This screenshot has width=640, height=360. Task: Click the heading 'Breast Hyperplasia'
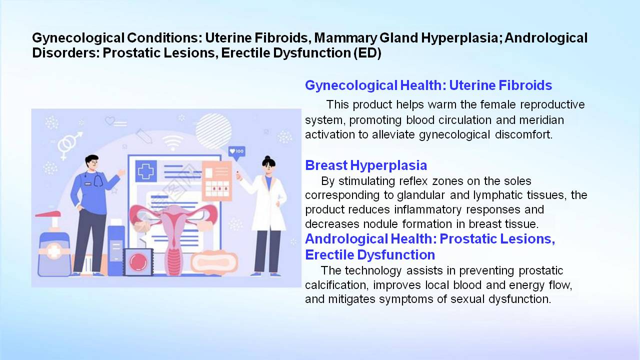tap(366, 165)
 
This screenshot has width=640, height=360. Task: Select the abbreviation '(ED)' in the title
tap(367, 53)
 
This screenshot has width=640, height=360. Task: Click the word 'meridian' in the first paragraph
tap(541, 120)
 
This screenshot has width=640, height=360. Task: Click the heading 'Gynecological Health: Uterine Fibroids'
tap(428, 85)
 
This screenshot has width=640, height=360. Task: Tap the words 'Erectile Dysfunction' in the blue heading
tap(370, 255)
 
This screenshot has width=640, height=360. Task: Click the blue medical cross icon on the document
tap(146, 171)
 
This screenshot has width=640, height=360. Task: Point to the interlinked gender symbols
tap(69, 145)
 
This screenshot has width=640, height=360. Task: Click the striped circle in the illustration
tap(213, 131)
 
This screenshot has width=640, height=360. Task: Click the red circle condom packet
tap(138, 262)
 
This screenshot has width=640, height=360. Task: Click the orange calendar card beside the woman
tap(217, 181)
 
